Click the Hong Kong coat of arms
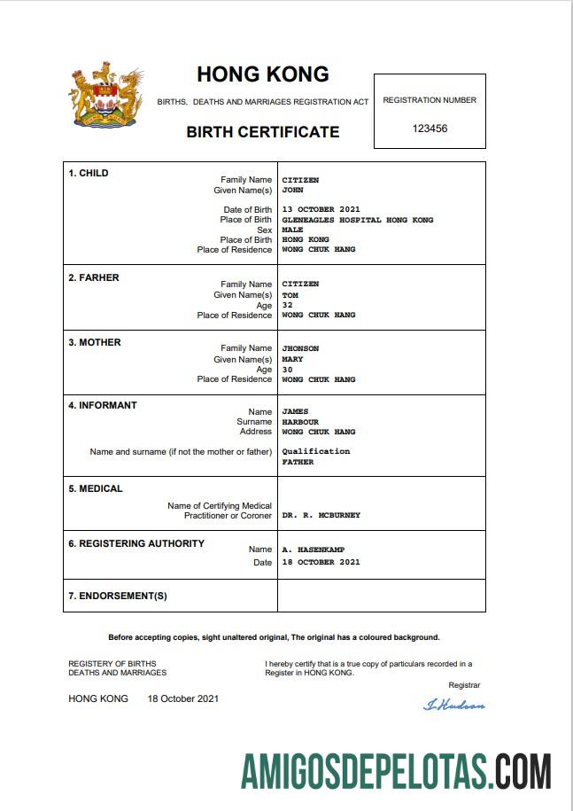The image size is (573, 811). (106, 97)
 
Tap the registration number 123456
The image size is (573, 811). (430, 129)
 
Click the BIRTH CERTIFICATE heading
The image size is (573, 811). (262, 132)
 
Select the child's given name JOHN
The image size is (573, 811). (292, 190)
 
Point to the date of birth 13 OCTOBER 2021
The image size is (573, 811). (321, 210)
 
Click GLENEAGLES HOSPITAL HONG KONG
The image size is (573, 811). (358, 220)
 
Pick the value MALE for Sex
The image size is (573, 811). (292, 230)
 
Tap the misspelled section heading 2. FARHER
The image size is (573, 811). (94, 277)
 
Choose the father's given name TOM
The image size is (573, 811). (290, 295)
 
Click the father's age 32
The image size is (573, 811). (287, 305)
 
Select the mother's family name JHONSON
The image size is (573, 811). (300, 348)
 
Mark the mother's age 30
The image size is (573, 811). (287, 370)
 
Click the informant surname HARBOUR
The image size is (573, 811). (300, 422)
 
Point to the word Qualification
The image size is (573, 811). (315, 451)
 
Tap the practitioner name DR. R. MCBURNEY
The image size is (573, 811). (321, 515)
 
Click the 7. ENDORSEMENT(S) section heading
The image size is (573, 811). (118, 596)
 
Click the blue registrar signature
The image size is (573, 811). (454, 705)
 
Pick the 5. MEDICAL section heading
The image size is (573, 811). (96, 488)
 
